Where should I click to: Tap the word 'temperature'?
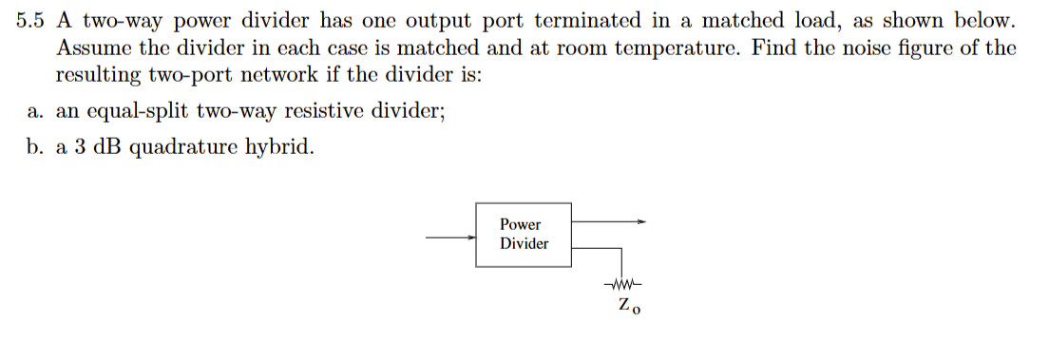(x=672, y=47)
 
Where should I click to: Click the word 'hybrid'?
(x=276, y=148)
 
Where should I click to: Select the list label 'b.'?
(x=37, y=148)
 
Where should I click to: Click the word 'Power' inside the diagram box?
(x=520, y=225)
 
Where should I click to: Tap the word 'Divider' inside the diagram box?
(x=524, y=244)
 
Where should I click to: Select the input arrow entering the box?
(x=450, y=239)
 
